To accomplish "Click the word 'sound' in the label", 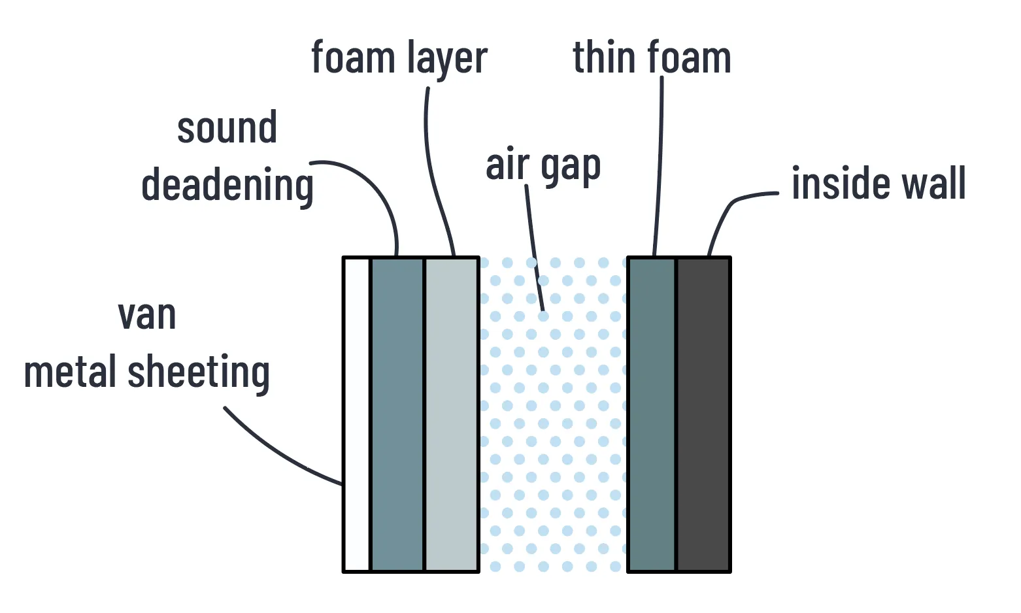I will [227, 128].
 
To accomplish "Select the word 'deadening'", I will [227, 186].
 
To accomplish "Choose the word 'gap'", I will [571, 167].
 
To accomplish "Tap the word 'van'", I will [147, 316].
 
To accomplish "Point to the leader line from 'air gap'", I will [534, 248].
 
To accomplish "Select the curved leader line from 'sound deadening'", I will [376, 190].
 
